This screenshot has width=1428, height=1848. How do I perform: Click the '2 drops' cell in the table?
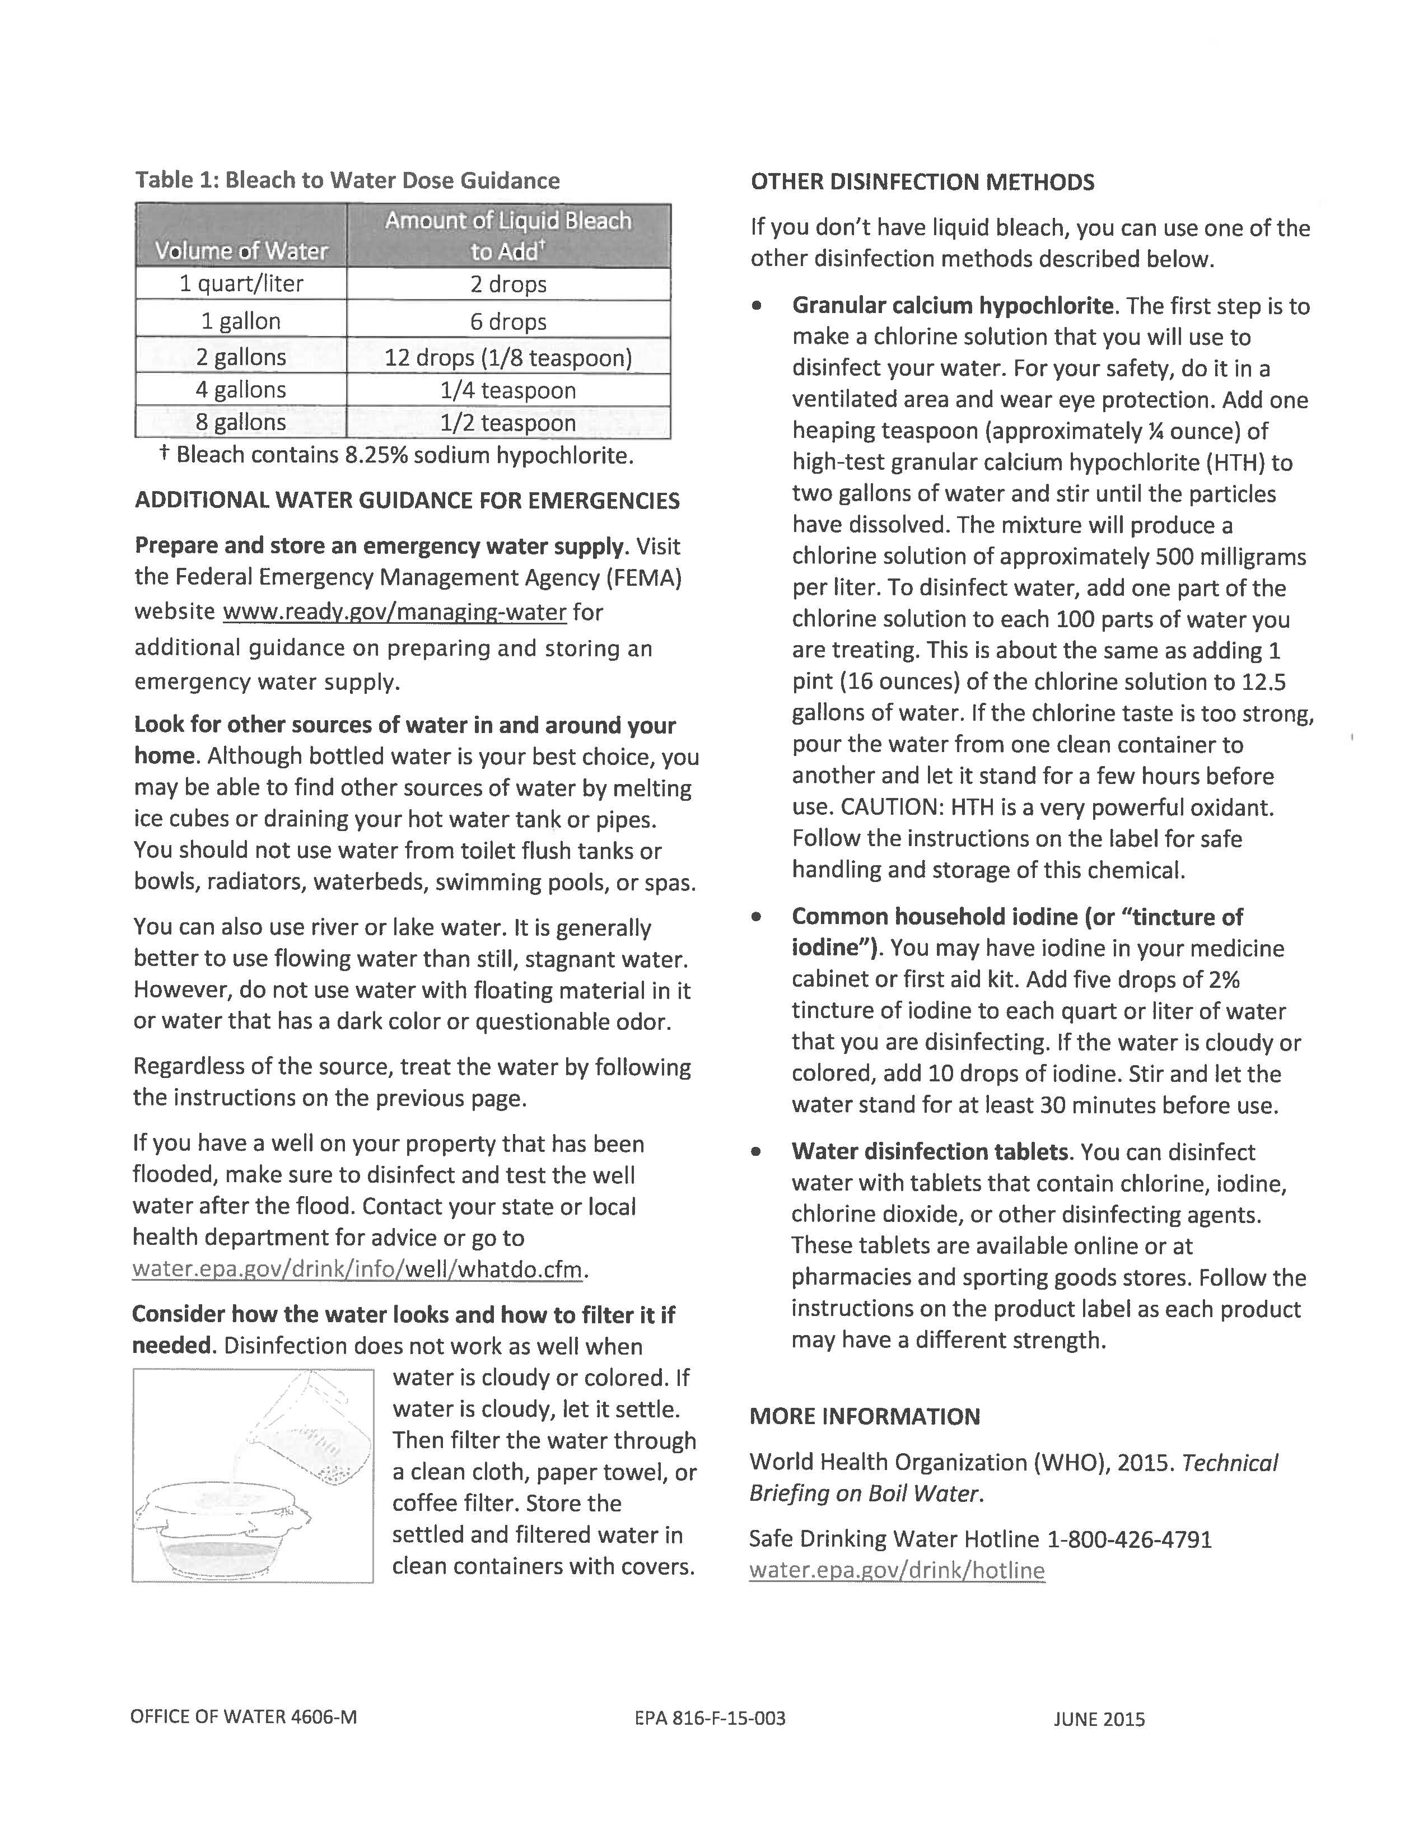508,284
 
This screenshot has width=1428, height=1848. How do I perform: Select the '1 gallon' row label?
241,321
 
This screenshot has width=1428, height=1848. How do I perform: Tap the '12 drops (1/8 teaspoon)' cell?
508,357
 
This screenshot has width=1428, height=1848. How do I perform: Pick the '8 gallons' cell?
241,422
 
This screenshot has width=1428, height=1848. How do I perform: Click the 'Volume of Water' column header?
241,250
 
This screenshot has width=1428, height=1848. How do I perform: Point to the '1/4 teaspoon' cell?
508,390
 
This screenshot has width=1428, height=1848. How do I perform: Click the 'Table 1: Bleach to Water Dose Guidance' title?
348,180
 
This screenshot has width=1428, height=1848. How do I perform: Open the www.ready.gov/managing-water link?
394,612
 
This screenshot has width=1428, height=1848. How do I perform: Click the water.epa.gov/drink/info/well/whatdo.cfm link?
358,1269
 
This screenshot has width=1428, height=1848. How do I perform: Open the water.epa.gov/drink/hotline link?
897,1570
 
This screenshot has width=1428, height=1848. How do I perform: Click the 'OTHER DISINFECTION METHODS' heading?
922,182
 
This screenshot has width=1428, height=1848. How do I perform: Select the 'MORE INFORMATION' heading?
865,1416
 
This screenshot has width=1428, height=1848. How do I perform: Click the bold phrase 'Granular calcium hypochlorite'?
953,305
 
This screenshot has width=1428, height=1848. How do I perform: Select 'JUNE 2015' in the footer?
1099,1719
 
